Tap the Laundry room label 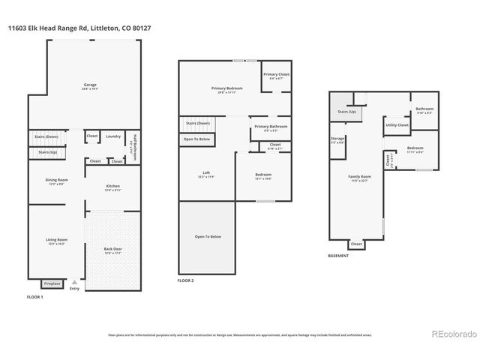[113, 136]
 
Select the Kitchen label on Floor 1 [112, 186]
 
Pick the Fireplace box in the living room [52, 283]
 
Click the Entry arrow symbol [73, 281]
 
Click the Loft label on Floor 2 [206, 174]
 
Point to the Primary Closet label [276, 74]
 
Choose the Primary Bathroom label [270, 127]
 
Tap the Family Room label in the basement [358, 177]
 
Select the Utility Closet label [397, 124]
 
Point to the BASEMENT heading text [338, 255]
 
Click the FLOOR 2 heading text [185, 280]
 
